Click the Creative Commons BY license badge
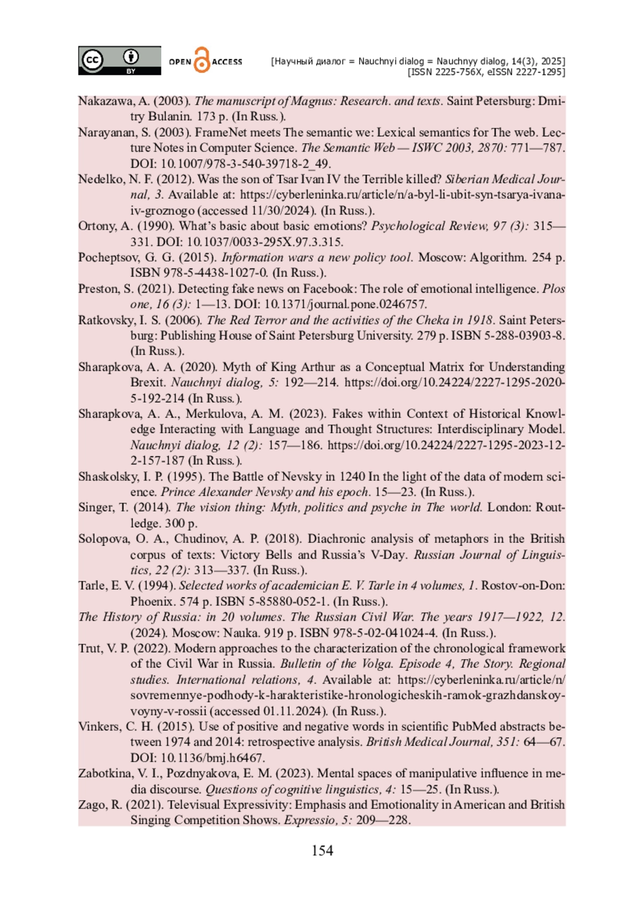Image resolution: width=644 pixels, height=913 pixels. (x=119, y=60)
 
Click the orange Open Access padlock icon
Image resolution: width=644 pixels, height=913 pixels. (x=202, y=60)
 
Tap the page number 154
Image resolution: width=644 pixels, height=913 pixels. (x=322, y=851)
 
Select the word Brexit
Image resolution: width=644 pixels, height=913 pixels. (x=148, y=383)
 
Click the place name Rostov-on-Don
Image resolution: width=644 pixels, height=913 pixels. (x=523, y=585)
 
